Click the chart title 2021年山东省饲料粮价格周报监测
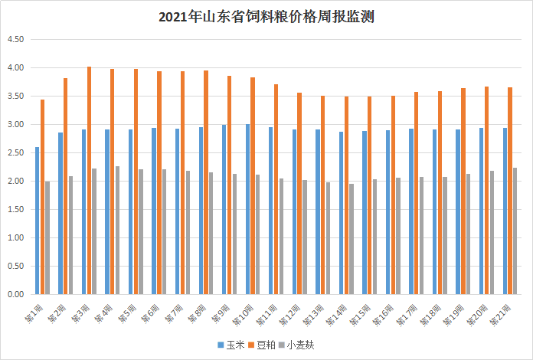pos(266,16)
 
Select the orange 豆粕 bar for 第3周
pos(89,180)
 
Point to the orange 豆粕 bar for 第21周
pos(510,191)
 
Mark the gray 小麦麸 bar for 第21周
pos(515,231)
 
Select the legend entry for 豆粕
pos(263,345)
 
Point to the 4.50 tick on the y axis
pos(16,40)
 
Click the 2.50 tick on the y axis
pos(16,153)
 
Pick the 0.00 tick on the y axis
pos(16,294)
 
